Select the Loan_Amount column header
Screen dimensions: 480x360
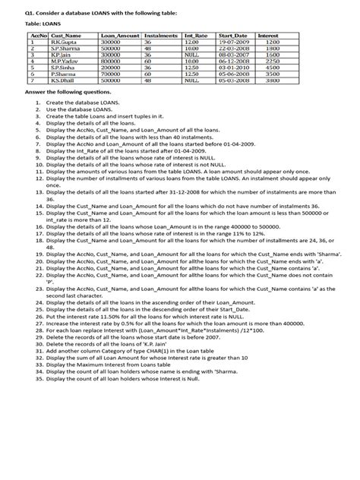(x=120, y=35)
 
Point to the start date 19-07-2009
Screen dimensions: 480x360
(x=233, y=42)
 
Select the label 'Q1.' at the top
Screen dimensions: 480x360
(x=29, y=11)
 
